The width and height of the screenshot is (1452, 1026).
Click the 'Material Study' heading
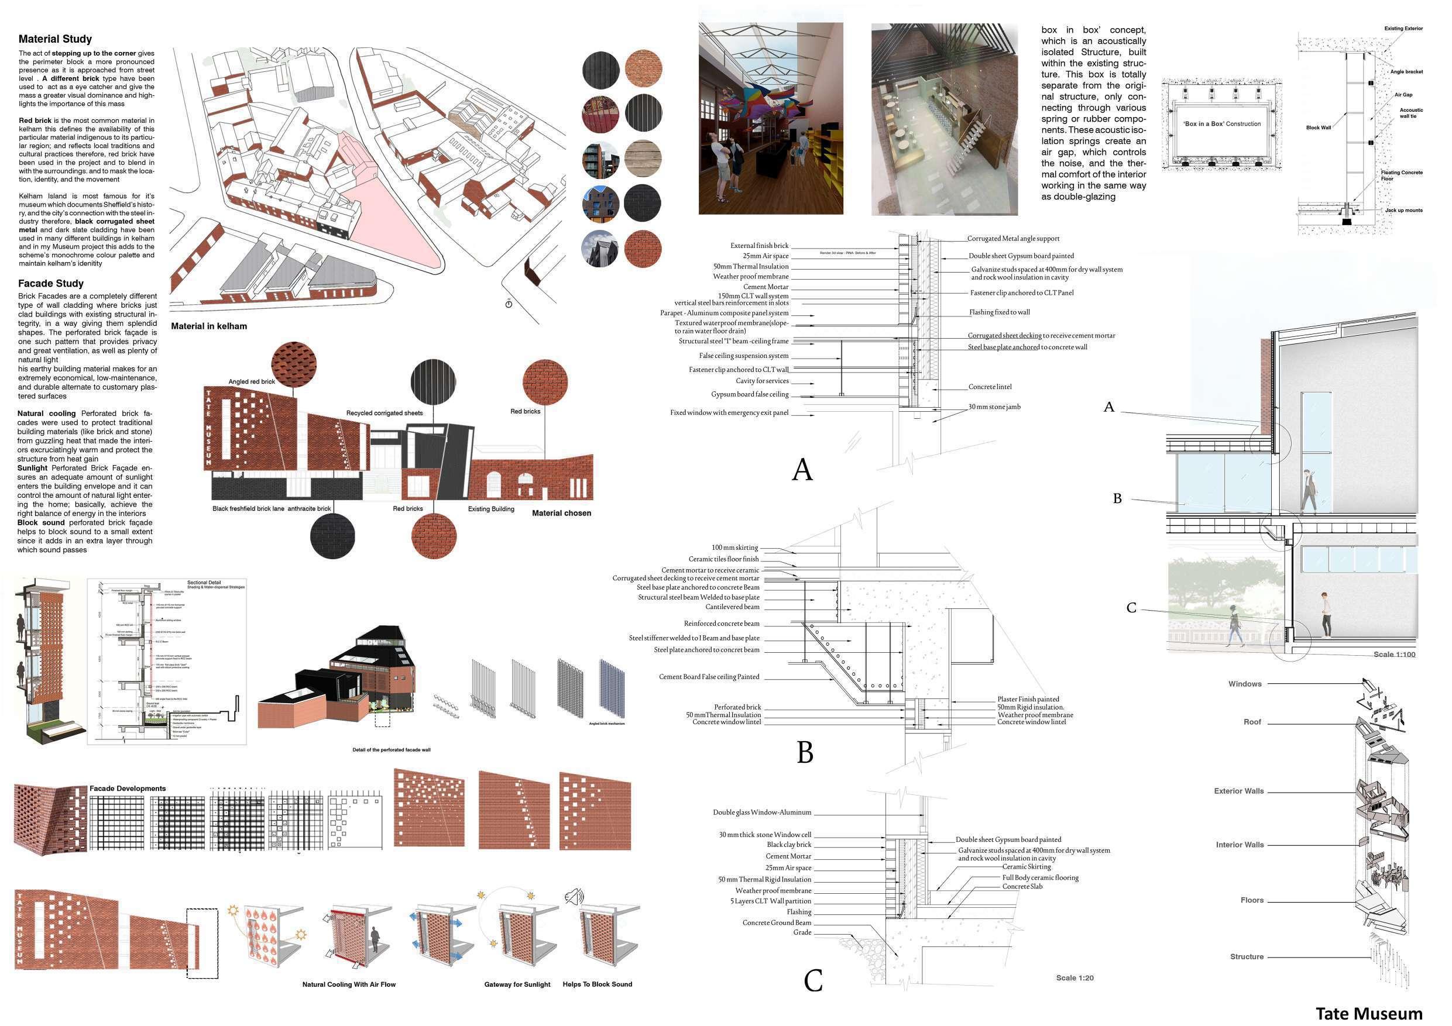[x=55, y=39]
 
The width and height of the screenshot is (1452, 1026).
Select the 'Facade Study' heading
[x=50, y=284]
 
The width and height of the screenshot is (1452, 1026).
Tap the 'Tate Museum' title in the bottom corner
[x=1368, y=1013]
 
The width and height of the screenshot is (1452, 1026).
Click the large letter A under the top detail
[x=802, y=470]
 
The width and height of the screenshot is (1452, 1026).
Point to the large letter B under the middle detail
[x=804, y=752]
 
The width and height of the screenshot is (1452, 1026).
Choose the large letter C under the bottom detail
[x=813, y=980]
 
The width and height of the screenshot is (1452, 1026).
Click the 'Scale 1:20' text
[x=1075, y=978]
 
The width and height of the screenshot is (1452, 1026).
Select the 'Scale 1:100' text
[x=1394, y=655]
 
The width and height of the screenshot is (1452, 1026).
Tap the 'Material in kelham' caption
[x=209, y=327]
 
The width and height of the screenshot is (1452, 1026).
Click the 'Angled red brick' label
[x=252, y=382]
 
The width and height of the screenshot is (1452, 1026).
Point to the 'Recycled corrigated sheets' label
[x=384, y=414]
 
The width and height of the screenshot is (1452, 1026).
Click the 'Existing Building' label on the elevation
[x=491, y=509]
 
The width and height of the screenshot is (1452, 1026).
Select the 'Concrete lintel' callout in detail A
[x=990, y=387]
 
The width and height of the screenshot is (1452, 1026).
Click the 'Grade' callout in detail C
[x=802, y=932]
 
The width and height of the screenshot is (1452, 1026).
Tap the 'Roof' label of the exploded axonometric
[x=1252, y=722]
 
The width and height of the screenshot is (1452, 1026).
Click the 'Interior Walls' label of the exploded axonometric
[x=1240, y=845]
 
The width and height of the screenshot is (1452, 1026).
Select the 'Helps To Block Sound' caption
[x=597, y=984]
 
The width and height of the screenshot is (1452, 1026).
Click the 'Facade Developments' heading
[x=128, y=789]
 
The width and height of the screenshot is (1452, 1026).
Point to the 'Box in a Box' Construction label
[x=1223, y=124]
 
